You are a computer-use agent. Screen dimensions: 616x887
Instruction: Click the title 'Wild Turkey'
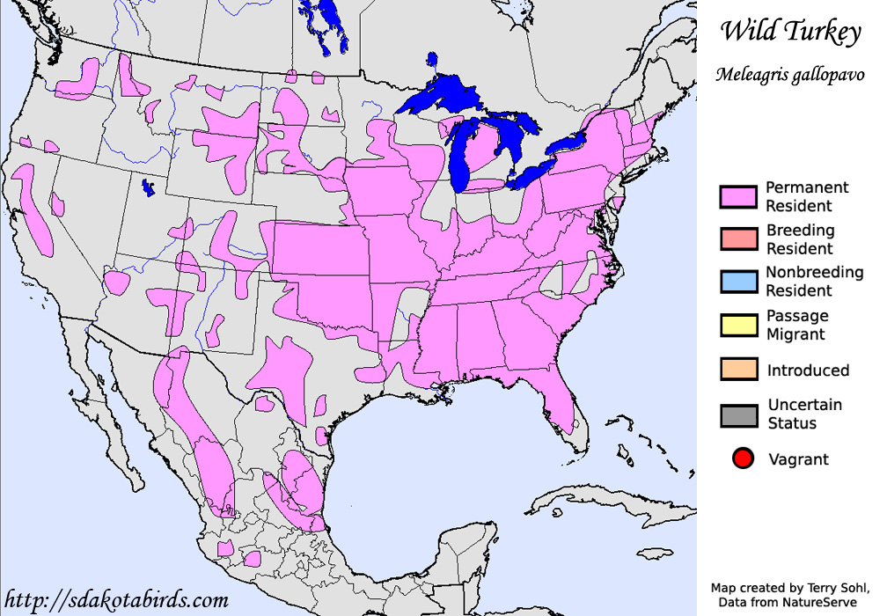point(789,33)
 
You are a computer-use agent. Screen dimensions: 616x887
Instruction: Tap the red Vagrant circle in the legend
point(743,458)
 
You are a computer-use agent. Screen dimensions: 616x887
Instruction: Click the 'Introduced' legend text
point(808,370)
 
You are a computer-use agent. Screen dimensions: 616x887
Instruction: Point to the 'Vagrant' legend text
point(798,459)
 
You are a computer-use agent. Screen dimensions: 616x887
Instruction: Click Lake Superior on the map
point(440,95)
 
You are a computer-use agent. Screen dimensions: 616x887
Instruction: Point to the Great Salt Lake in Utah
point(149,187)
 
